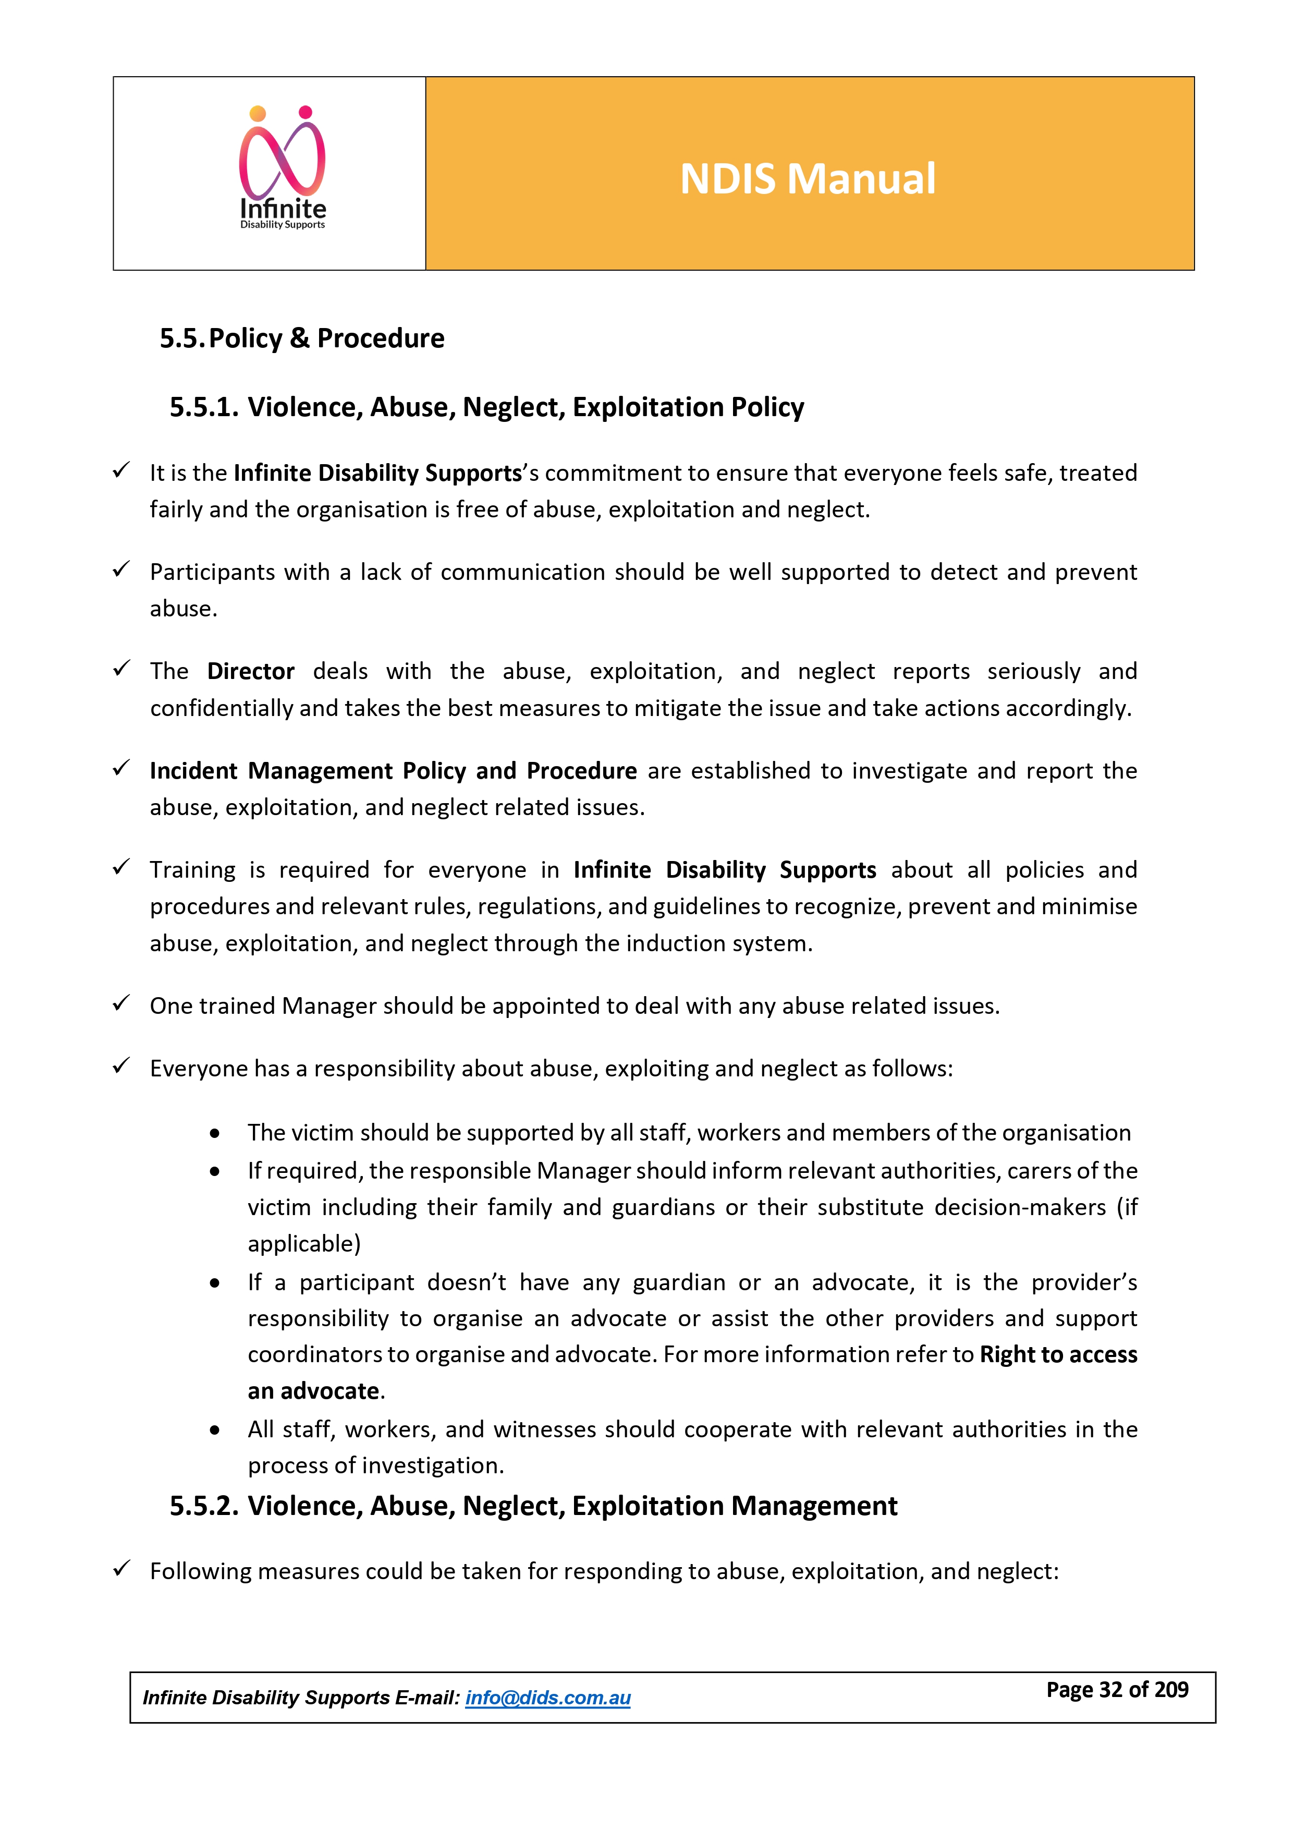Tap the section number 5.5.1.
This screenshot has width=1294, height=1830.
point(204,407)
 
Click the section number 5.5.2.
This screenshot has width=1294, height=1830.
point(204,1506)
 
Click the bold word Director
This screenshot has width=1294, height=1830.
point(250,671)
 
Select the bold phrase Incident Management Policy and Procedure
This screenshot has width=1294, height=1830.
point(393,771)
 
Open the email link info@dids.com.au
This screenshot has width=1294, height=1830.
point(547,1698)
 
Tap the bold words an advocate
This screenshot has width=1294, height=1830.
point(313,1391)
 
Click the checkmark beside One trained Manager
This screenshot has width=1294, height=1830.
point(121,1003)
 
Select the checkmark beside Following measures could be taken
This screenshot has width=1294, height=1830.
point(121,1569)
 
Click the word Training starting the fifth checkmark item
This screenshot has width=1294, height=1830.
point(192,869)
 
